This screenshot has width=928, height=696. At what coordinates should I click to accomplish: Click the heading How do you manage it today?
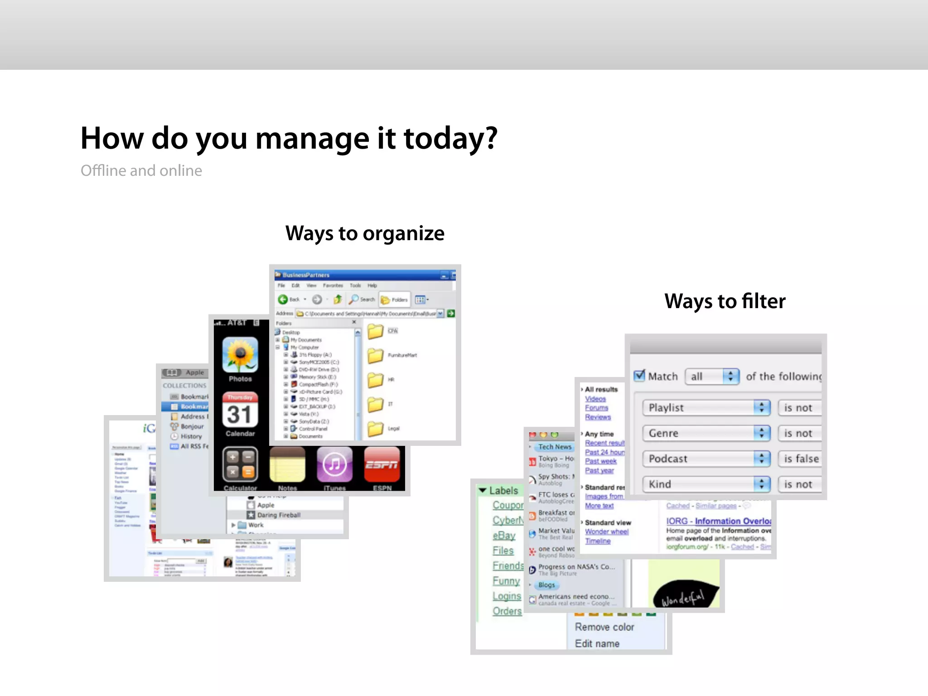click(x=289, y=138)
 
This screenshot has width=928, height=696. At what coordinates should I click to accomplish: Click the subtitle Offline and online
click(x=141, y=171)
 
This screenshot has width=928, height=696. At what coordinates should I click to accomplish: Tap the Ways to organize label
click(x=365, y=233)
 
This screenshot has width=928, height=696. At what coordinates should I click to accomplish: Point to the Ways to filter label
click(x=725, y=301)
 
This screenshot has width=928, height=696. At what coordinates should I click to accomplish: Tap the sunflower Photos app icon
click(x=240, y=355)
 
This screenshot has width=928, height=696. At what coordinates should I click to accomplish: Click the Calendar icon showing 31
click(x=240, y=410)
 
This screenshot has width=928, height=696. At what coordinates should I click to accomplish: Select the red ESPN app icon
click(x=382, y=464)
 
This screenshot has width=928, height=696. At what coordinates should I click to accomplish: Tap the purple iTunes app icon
click(x=334, y=464)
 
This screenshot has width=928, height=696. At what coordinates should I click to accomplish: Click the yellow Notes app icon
click(x=287, y=464)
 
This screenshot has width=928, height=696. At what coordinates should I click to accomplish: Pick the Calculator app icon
click(x=240, y=464)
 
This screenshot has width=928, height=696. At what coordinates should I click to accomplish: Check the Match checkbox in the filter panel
click(x=639, y=376)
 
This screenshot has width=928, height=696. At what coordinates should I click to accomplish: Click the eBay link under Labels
click(x=504, y=536)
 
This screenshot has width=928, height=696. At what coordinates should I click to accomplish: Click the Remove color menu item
click(x=604, y=627)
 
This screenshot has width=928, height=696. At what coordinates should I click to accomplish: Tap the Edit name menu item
click(x=597, y=643)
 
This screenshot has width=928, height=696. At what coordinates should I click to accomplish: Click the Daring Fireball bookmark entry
click(x=278, y=515)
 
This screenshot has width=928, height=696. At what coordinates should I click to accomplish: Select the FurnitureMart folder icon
click(x=375, y=356)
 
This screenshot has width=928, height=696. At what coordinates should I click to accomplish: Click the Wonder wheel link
click(x=606, y=532)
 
